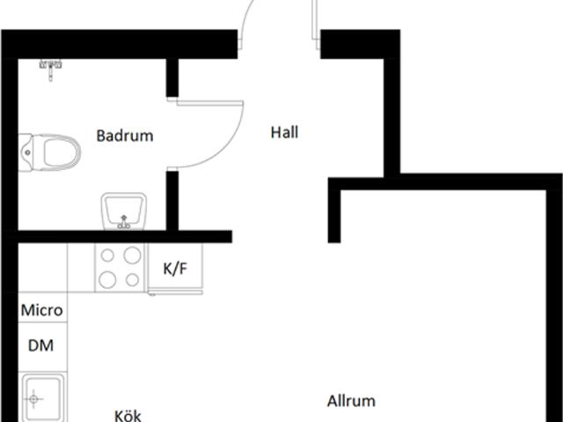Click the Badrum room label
(125, 136)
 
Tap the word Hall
(284, 133)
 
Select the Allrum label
(351, 401)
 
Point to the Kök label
(128, 415)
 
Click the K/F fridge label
(175, 269)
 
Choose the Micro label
(42, 310)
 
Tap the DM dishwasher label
(41, 345)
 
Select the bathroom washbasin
(123, 211)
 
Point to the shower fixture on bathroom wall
(51, 64)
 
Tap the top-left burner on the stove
(109, 255)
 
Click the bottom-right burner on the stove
(132, 280)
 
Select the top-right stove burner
(133, 255)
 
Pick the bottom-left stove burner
(109, 280)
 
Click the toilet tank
(26, 152)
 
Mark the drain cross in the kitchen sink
(35, 399)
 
